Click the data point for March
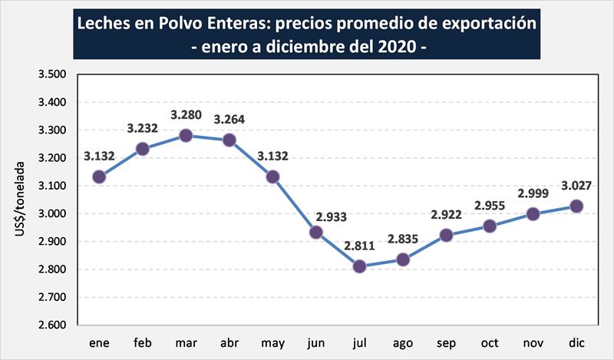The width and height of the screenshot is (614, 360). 185,136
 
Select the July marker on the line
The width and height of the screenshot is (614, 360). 360,267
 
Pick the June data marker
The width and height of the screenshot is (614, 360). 316,232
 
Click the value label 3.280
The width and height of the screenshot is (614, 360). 185,116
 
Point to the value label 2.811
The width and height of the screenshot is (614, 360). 360,247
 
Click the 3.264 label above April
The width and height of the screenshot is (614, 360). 229,121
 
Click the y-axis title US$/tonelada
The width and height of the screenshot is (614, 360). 20,200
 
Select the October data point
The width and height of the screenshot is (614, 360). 490,226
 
